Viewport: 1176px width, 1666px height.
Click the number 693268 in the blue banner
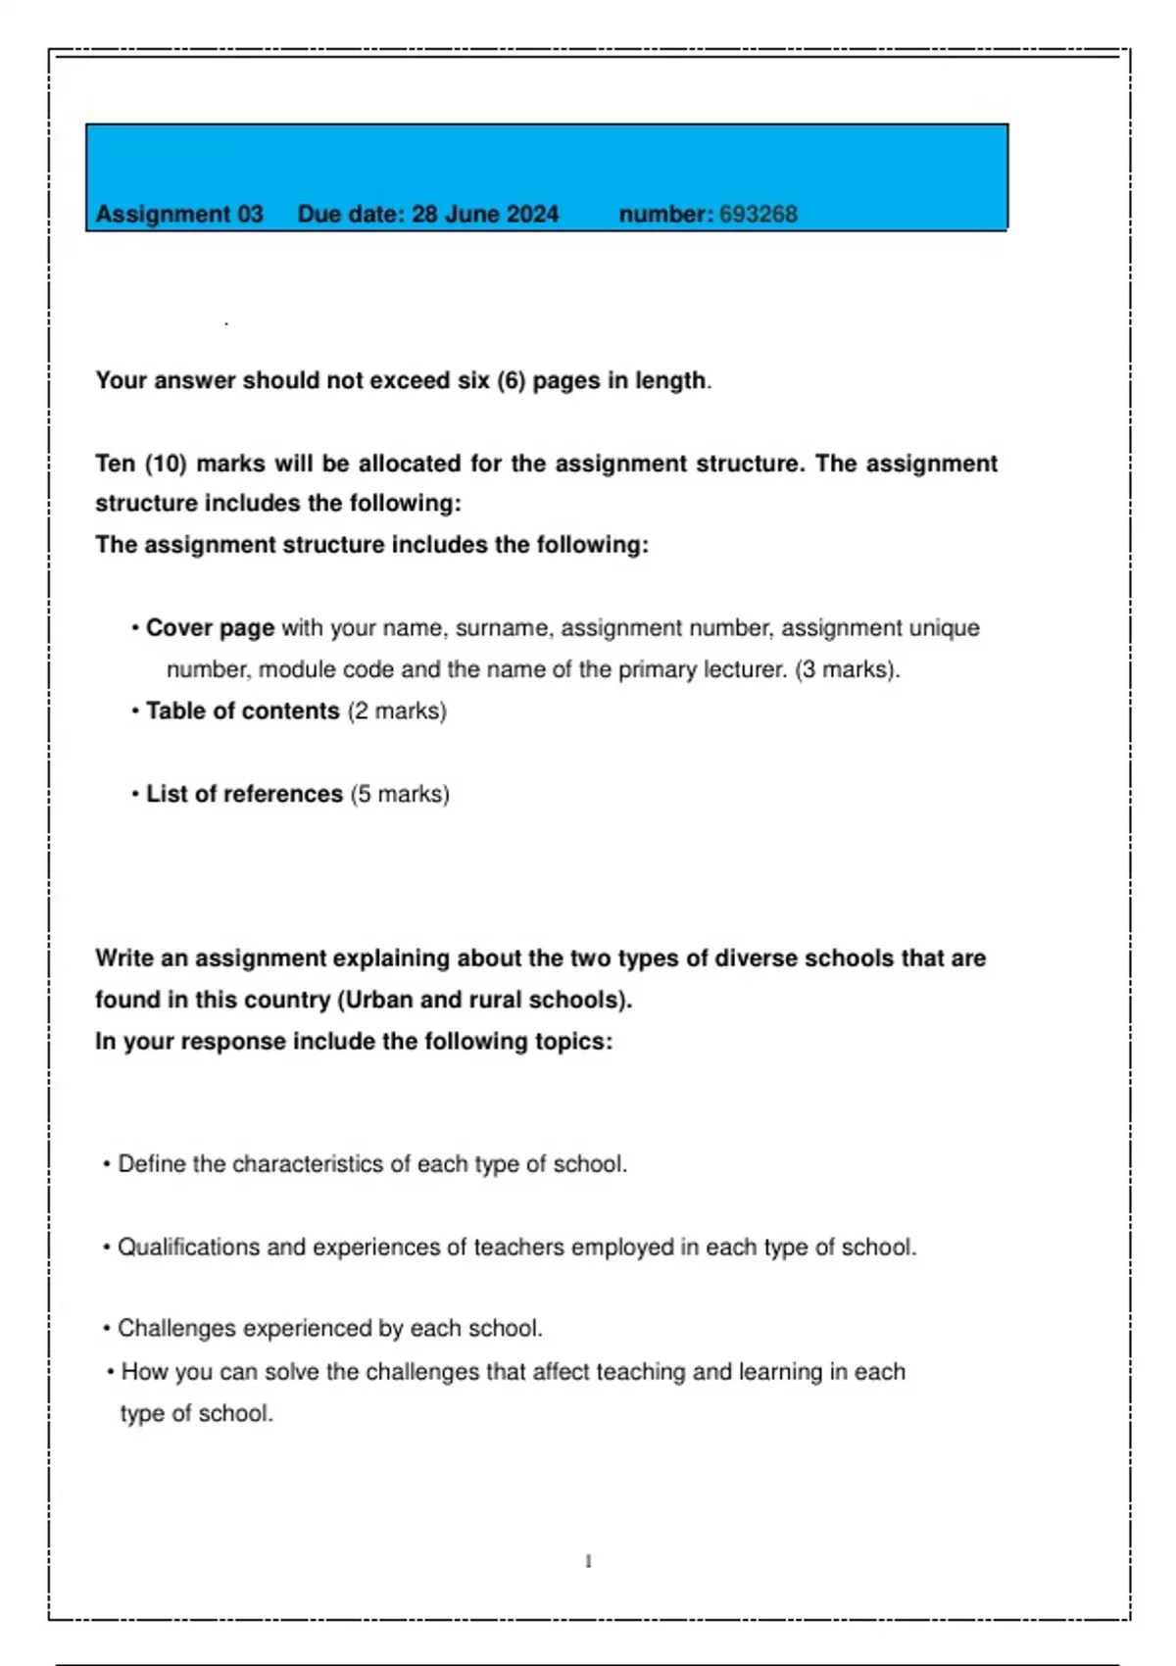tap(758, 214)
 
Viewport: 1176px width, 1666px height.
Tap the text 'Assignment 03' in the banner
tap(179, 214)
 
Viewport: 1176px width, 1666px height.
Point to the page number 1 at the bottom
tap(588, 1561)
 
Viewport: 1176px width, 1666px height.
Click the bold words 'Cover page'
tap(210, 627)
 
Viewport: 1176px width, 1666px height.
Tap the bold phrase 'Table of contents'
tap(242, 710)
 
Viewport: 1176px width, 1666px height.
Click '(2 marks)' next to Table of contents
tap(397, 710)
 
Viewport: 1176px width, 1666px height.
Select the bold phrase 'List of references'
tap(244, 794)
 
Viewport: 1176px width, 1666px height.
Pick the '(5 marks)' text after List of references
tap(400, 794)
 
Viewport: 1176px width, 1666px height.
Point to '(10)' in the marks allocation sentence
tap(166, 464)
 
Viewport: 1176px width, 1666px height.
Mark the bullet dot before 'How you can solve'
tap(111, 1372)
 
